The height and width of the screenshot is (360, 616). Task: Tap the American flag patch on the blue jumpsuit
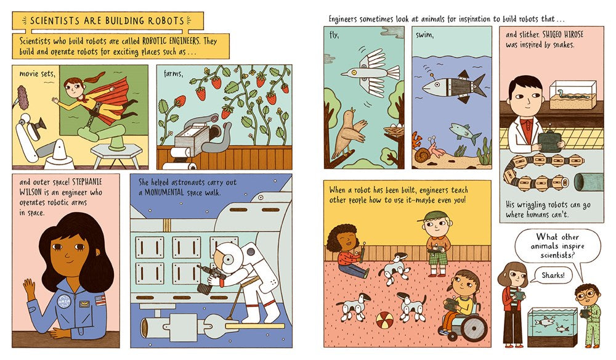[x=100, y=300]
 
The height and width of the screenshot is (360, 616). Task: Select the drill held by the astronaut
[x=209, y=278]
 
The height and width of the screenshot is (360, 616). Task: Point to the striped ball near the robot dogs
[x=384, y=321]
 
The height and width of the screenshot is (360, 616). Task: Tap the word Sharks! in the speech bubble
[x=553, y=275]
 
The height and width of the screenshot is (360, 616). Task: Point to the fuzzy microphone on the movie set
[x=22, y=98]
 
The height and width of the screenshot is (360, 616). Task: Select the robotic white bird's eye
[x=354, y=72]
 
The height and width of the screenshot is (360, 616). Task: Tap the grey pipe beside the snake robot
[x=588, y=182]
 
